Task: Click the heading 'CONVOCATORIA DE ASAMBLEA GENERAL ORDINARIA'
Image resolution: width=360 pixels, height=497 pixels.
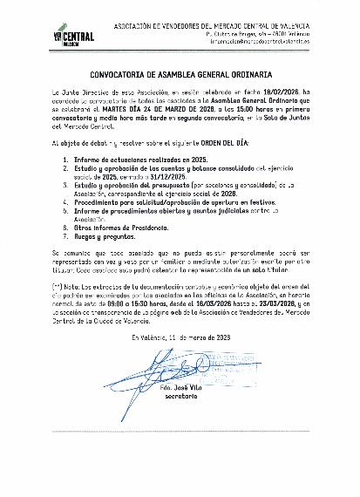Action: [x=180, y=76]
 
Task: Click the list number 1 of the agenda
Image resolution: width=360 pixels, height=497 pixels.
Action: [x=68, y=160]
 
